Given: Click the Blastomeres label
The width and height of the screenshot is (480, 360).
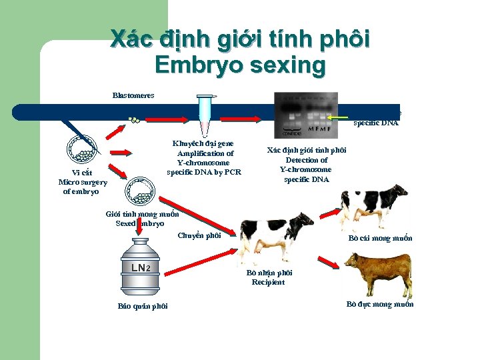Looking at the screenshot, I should coord(133,95).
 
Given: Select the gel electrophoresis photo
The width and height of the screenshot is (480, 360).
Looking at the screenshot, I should coord(306,114).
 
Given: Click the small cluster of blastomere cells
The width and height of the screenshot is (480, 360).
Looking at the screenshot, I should coord(135,121).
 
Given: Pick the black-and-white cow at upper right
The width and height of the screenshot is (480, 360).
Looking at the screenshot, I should coord(373,203).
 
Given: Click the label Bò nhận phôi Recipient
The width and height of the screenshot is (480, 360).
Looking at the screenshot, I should coord(269,277).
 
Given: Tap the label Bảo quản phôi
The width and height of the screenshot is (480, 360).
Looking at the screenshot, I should coord(143,306).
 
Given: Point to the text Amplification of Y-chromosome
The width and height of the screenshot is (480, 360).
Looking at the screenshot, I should coord(205,158).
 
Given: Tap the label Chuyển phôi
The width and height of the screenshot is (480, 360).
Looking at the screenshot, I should coord(199,235).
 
